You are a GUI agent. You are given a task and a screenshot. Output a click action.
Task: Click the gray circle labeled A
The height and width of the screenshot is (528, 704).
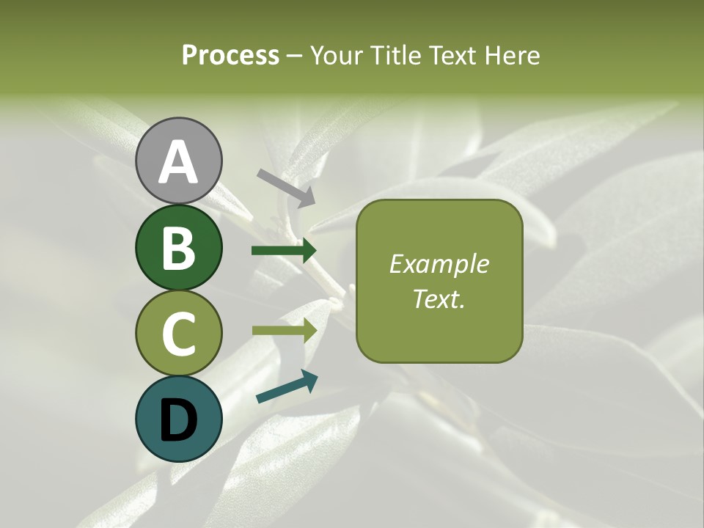coord(179,161)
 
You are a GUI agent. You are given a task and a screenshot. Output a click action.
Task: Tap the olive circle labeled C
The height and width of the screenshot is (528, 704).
coord(179,333)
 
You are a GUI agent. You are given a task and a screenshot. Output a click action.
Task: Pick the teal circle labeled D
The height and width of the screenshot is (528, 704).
coord(179,419)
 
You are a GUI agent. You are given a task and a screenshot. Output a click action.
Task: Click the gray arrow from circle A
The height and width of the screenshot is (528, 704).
coord(285,186)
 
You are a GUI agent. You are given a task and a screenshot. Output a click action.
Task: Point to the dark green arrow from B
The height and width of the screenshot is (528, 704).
coord(283,251)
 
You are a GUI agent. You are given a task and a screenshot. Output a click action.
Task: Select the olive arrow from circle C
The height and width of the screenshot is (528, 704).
coord(283,331)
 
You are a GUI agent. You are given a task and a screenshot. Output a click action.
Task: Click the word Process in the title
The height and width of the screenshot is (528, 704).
coord(230,55)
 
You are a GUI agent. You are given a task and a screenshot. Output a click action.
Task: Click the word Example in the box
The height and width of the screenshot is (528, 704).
coord(439,264)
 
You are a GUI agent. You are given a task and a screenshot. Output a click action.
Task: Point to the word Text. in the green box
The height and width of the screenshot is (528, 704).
coord(439,298)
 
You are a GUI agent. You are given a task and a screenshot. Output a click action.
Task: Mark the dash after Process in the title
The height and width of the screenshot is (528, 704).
coord(294,56)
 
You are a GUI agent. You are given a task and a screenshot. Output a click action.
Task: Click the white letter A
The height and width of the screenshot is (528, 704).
coord(179,163)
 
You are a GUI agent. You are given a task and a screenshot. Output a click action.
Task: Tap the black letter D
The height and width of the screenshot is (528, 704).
coord(179,420)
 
